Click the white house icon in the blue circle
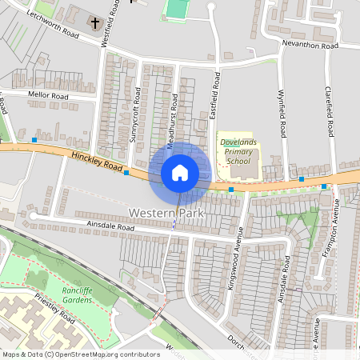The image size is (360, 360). point(180,172)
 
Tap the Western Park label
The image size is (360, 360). point(166,214)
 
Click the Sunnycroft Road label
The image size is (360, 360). point(135,119)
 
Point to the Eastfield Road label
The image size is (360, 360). point(214,99)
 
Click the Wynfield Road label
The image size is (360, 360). point(282,113)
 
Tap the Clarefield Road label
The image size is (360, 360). point(328,111)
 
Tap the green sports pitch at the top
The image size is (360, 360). point(176,8)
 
